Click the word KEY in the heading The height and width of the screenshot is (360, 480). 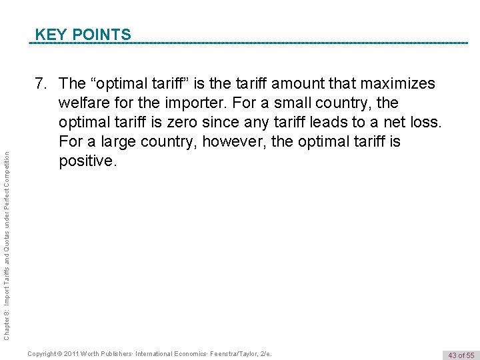[49, 34]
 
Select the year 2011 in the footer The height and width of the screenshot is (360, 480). [79, 353]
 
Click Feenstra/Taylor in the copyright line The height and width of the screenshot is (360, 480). [237, 353]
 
